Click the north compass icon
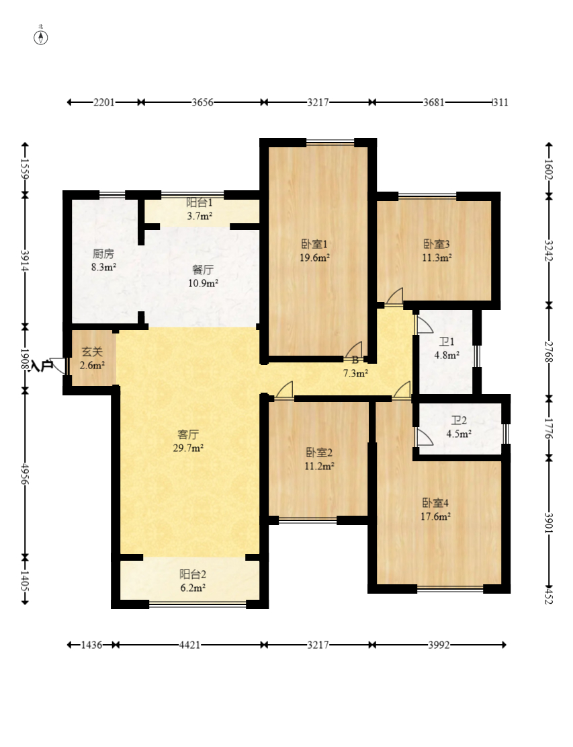click(x=41, y=36)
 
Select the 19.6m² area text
click(x=314, y=258)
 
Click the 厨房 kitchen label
click(x=103, y=254)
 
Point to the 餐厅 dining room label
click(x=203, y=270)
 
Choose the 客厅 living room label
click(x=188, y=434)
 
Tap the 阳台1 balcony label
click(x=200, y=202)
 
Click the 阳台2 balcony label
click(x=192, y=574)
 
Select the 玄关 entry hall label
click(x=92, y=352)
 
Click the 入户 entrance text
click(x=42, y=366)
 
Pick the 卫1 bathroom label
click(x=445, y=342)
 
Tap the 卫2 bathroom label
click(x=459, y=421)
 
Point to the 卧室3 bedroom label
click(x=437, y=244)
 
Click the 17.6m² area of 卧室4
click(x=436, y=516)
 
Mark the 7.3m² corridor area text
click(x=355, y=372)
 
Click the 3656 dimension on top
click(x=202, y=102)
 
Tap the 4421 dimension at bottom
click(x=189, y=645)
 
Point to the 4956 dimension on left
click(x=25, y=474)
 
